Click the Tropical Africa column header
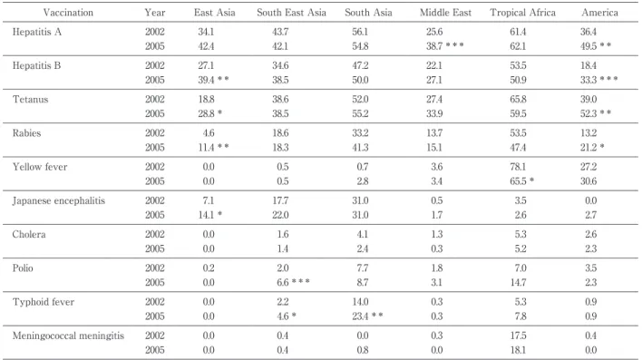point(523,13)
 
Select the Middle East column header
point(445,13)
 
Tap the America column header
point(599,13)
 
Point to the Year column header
point(155,13)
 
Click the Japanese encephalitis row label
point(59,200)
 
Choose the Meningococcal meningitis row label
point(68,336)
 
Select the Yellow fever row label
point(40,167)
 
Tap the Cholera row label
point(29,235)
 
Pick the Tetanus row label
point(30,100)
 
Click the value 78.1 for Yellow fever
point(518,167)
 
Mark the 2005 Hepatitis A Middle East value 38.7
point(434,46)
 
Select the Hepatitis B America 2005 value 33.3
point(588,80)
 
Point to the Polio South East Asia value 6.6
point(283,283)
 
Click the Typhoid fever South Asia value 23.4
point(360,316)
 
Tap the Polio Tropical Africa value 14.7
point(518,283)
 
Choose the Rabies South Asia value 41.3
point(360,148)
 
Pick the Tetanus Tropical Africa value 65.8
point(518,100)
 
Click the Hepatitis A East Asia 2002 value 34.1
point(206,32)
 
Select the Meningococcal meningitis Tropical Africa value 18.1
point(518,350)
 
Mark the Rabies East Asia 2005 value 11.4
point(206,148)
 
